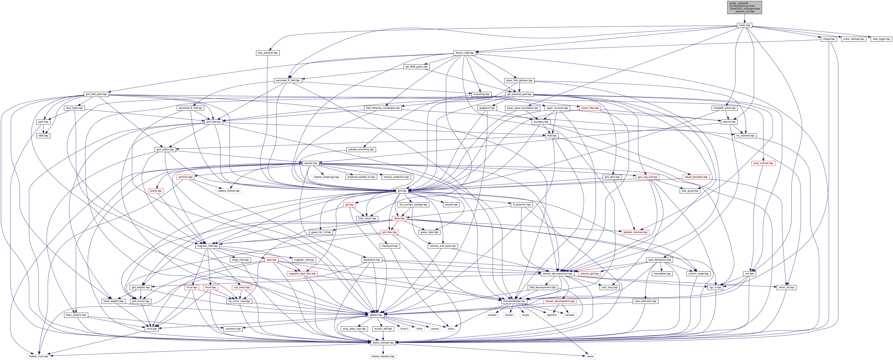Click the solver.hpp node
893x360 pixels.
point(744,25)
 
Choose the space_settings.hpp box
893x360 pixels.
point(383,342)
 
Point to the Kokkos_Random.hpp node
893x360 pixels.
point(383,356)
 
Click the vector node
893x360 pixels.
point(590,356)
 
